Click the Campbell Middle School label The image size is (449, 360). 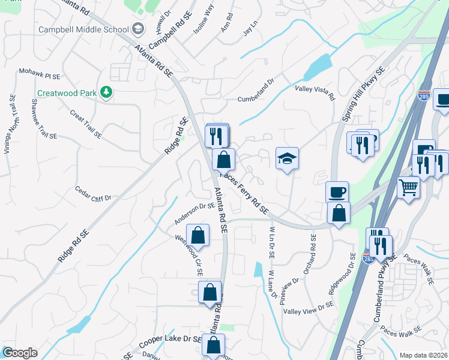[x=83, y=29]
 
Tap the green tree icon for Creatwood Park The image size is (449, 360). [x=106, y=92]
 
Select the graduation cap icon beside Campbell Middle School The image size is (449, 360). [x=138, y=29]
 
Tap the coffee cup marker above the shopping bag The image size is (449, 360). [x=337, y=192]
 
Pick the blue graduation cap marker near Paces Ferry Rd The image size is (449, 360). [x=287, y=158]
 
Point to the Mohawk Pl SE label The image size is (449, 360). [x=40, y=74]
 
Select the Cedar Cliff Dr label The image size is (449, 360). [x=93, y=194]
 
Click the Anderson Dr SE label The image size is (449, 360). [x=195, y=214]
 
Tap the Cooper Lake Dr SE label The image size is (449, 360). [x=170, y=342]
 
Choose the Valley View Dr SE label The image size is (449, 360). [x=309, y=309]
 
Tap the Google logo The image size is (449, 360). [x=19, y=353]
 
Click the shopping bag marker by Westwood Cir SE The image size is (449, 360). [x=197, y=235]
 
